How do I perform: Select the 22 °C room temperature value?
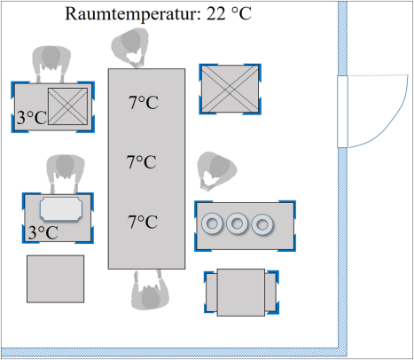(229, 13)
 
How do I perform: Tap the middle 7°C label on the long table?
(142, 162)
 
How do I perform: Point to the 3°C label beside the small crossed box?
(32, 117)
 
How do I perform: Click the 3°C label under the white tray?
(43, 232)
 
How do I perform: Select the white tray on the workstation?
(61, 208)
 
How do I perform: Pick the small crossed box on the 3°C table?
(68, 106)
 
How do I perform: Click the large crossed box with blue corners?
(230, 89)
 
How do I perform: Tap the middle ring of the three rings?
(237, 223)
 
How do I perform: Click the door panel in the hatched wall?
(342, 112)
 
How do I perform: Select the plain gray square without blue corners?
(56, 279)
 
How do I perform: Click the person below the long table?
(150, 291)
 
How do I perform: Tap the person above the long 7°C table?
(131, 47)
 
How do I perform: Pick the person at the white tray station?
(66, 174)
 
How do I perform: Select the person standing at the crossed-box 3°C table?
(51, 64)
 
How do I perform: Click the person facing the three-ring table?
(216, 170)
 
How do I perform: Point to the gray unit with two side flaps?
(241, 293)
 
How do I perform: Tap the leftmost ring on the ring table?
(212, 223)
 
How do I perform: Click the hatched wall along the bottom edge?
(170, 352)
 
